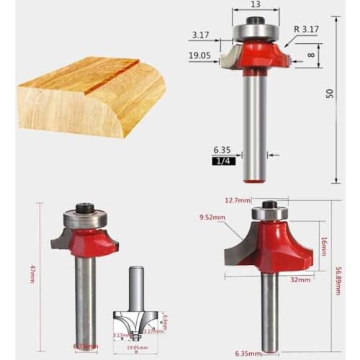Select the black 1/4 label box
coord(221,161)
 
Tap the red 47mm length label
coord(32,274)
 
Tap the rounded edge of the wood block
coord(148,101)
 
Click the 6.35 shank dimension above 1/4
coord(221,150)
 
